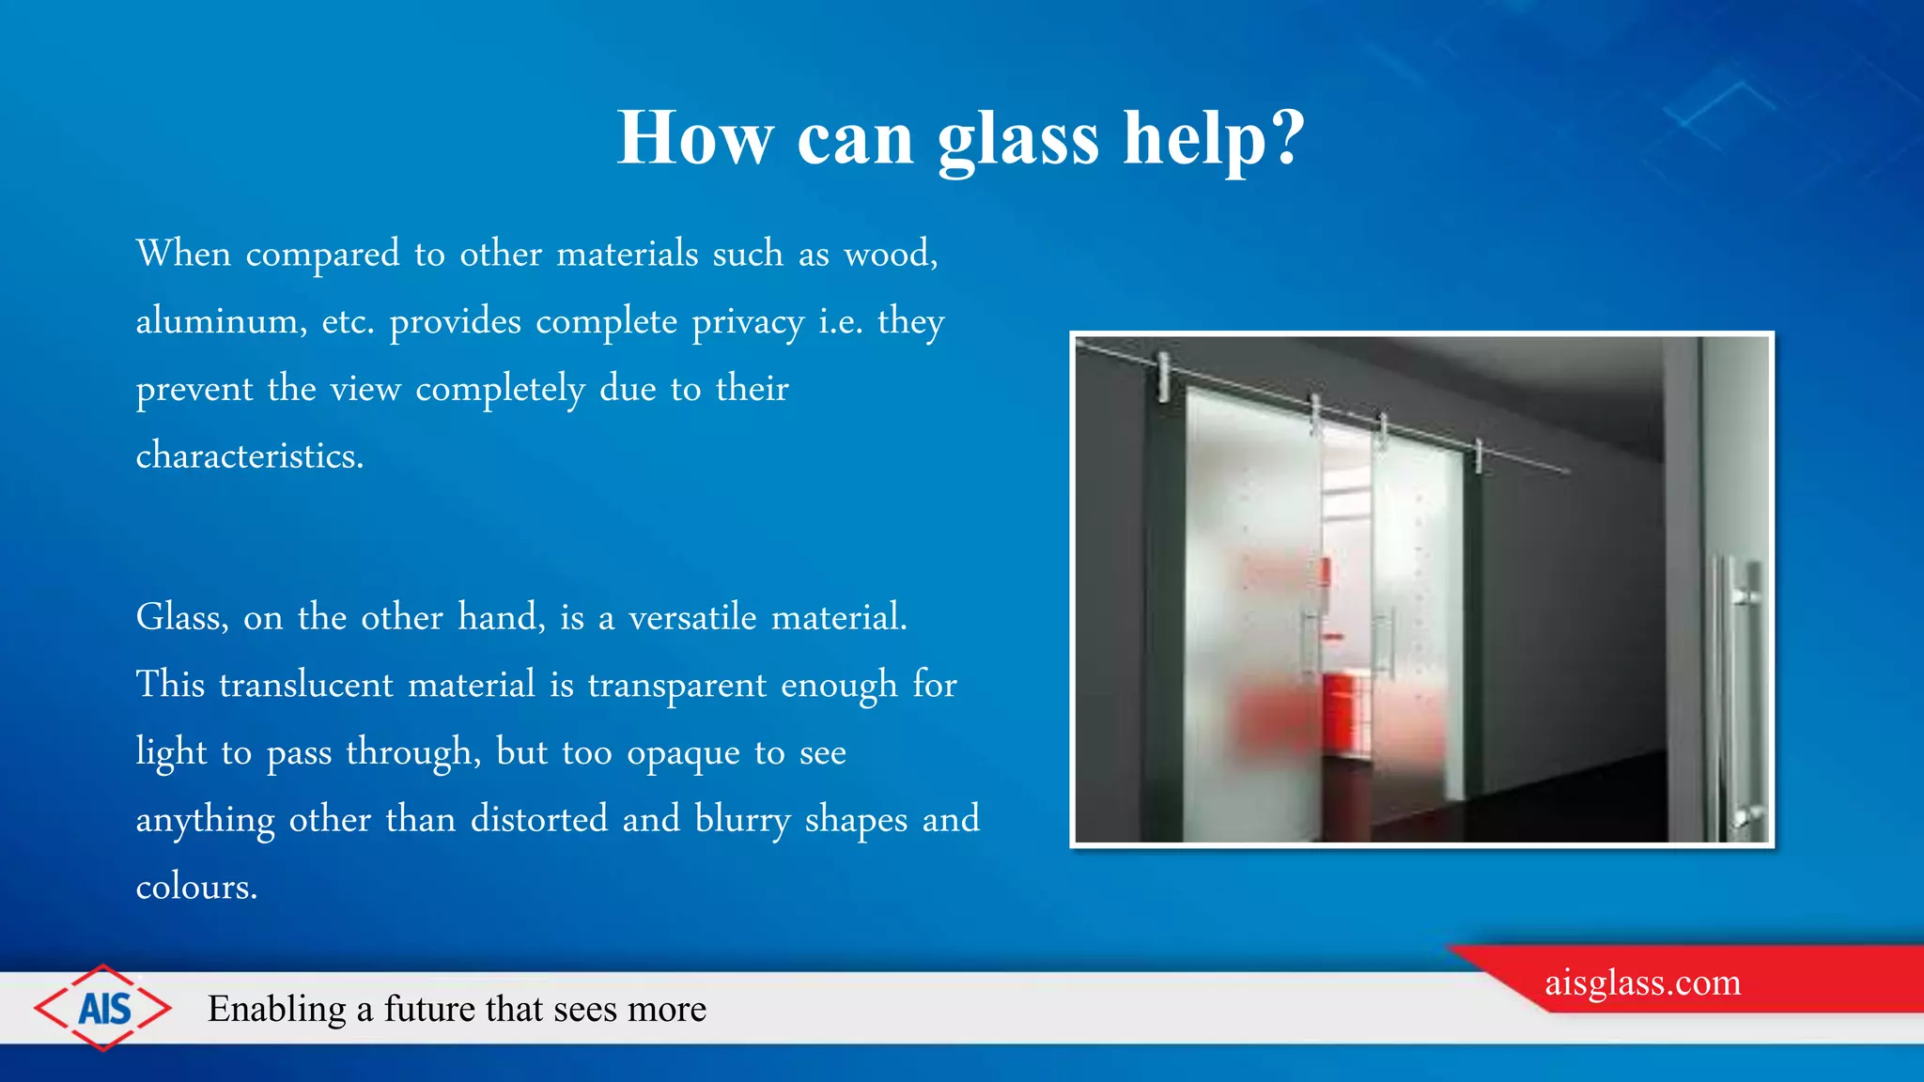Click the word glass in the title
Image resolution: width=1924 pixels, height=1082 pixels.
coord(1018,138)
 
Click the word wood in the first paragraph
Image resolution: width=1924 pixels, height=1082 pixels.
coord(888,254)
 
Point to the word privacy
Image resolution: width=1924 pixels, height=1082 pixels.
coord(748,322)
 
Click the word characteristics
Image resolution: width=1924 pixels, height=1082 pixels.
coord(249,456)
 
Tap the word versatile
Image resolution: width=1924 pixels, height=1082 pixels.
coord(692,618)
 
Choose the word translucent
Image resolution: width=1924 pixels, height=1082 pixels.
coord(306,685)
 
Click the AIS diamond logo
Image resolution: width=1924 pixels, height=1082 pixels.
coord(103,1009)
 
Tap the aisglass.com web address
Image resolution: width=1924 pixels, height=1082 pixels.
coord(1642,982)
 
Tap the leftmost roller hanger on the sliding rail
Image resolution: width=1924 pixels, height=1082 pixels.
coord(1164,376)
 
